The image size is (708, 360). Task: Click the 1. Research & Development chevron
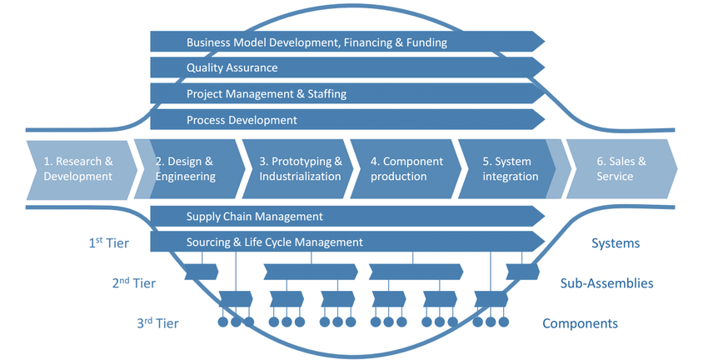point(78,168)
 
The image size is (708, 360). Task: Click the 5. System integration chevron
point(510,168)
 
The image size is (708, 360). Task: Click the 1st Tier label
point(108,243)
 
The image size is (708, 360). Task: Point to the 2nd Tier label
point(134,283)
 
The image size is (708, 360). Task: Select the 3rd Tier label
point(157,323)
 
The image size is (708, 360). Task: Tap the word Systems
point(616,243)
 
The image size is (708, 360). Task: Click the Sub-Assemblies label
point(606,283)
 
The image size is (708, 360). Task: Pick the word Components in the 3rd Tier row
point(580,323)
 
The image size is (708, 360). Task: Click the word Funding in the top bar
point(424,42)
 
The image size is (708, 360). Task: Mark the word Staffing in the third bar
point(323,94)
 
